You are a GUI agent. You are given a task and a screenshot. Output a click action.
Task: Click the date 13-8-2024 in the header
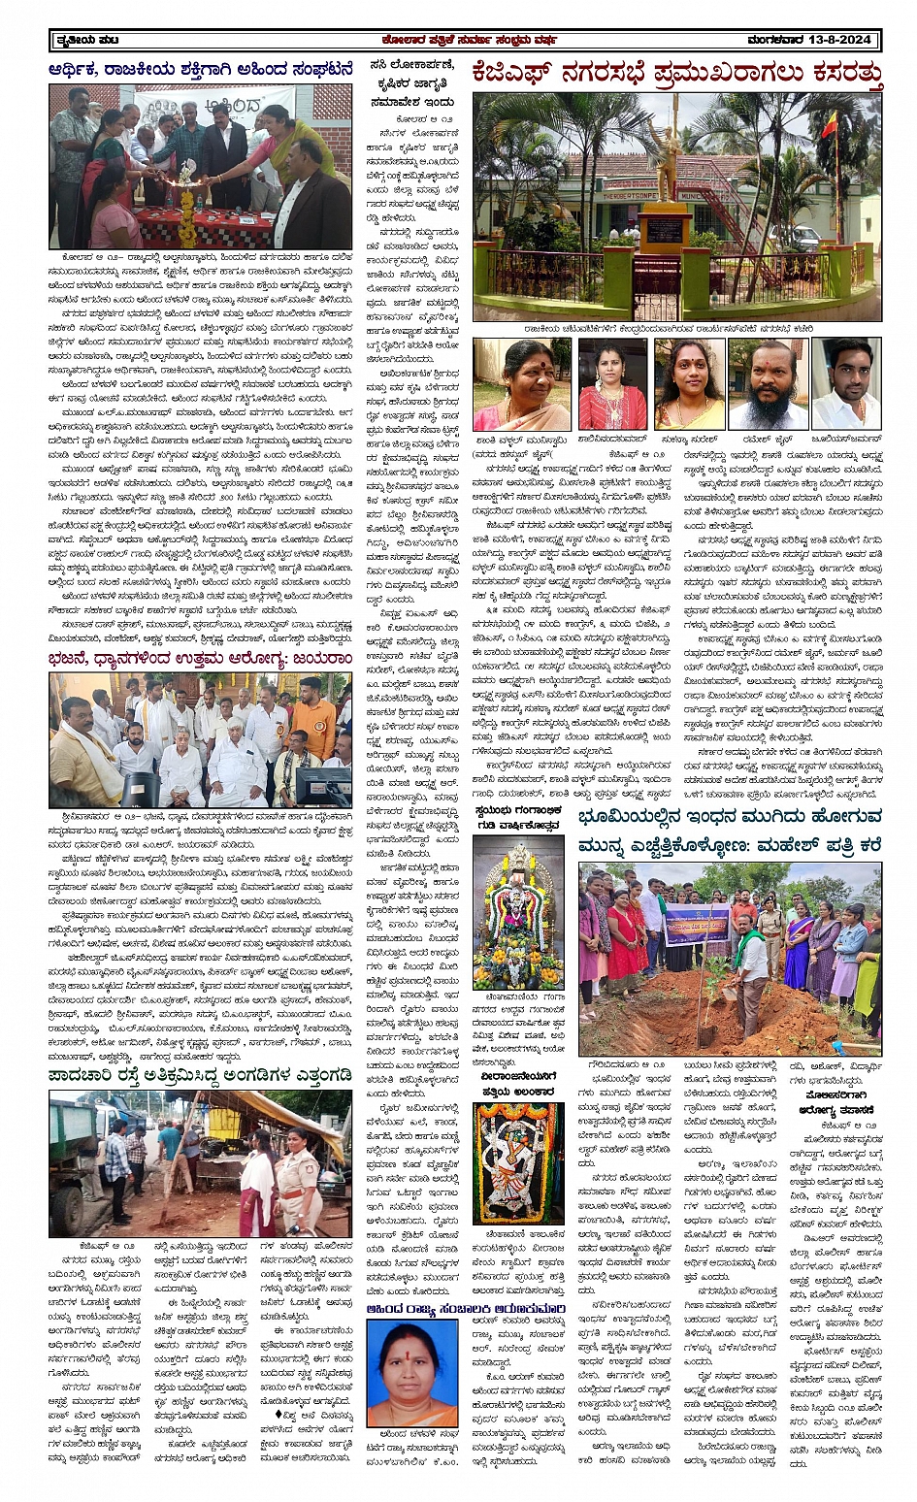pos(838,41)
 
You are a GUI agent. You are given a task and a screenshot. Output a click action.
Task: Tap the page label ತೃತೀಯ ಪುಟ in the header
pos(84,41)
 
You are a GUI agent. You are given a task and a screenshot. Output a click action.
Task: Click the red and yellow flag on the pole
pos(830,127)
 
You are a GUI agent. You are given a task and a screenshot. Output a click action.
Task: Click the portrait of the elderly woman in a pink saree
pos(522,385)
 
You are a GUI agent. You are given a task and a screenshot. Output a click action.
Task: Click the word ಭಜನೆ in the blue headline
pos(78,659)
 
